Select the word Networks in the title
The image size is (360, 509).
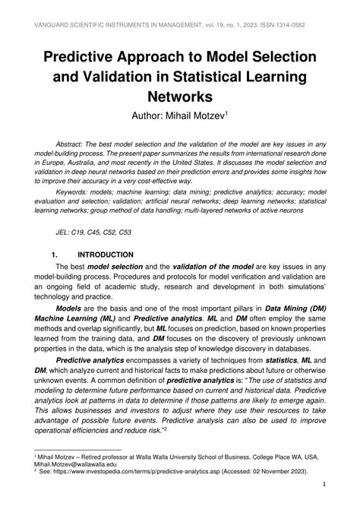pyautogui.click(x=180, y=97)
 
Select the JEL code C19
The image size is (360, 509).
pyautogui.click(x=77, y=233)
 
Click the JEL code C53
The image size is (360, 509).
pyautogui.click(x=132, y=233)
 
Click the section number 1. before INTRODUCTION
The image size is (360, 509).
pyautogui.click(x=55, y=255)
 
